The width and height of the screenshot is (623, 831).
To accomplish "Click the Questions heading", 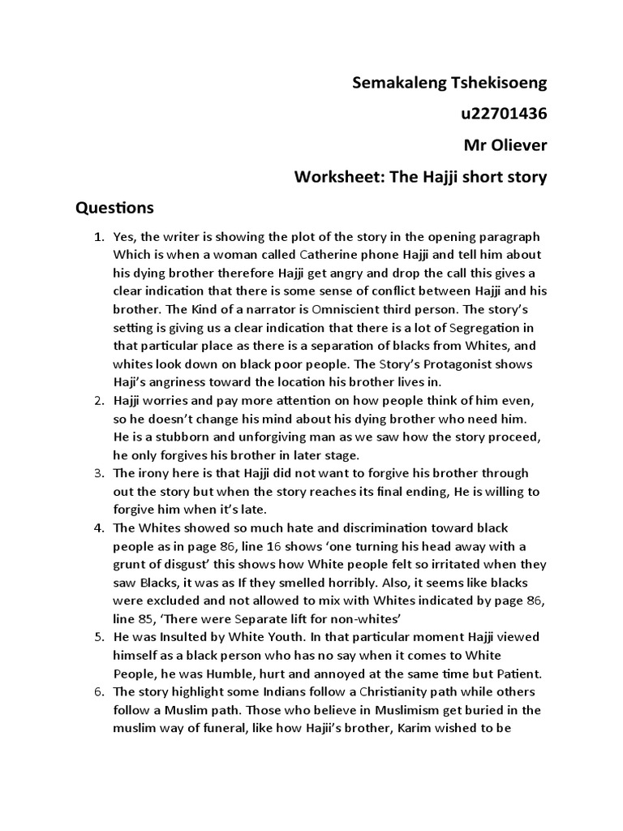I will point(114,208).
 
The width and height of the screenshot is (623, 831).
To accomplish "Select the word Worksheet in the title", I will point(333,176).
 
